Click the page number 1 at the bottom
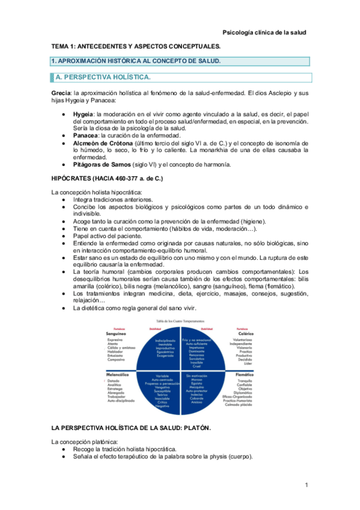coord(306,485)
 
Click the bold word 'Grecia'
coord(61,93)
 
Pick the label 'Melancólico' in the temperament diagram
coord(120,374)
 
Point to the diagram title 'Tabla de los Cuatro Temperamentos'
coord(179,322)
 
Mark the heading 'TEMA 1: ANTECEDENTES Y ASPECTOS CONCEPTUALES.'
coord(136,46)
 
